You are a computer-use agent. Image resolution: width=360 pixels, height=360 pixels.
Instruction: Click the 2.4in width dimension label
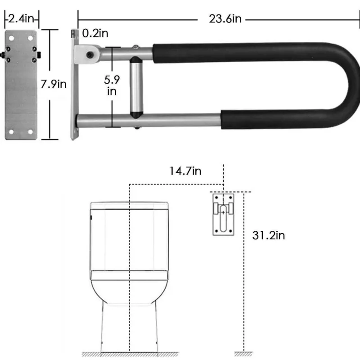21,18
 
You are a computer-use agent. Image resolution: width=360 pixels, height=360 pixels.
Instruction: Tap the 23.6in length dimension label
225,19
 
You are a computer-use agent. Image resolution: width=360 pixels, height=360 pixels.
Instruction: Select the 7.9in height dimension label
54,84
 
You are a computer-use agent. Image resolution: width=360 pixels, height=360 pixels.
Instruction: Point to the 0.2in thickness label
95,33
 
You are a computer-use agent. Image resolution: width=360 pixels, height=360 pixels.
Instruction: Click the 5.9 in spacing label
112,85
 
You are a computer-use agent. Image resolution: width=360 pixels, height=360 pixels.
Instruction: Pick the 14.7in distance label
185,171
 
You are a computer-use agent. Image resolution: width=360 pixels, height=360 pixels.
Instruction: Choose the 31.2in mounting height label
268,235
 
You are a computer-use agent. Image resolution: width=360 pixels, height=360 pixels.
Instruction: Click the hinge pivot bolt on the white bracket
90,55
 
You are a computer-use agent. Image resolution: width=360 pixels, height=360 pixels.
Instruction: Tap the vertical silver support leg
136,87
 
